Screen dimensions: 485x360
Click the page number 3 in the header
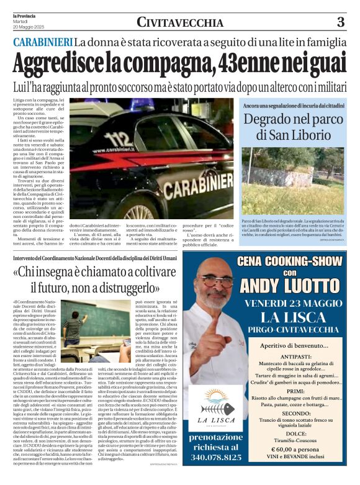tap(340, 22)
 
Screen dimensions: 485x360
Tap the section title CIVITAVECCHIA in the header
tap(180, 23)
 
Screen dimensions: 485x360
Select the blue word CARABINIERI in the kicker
tap(42, 42)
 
